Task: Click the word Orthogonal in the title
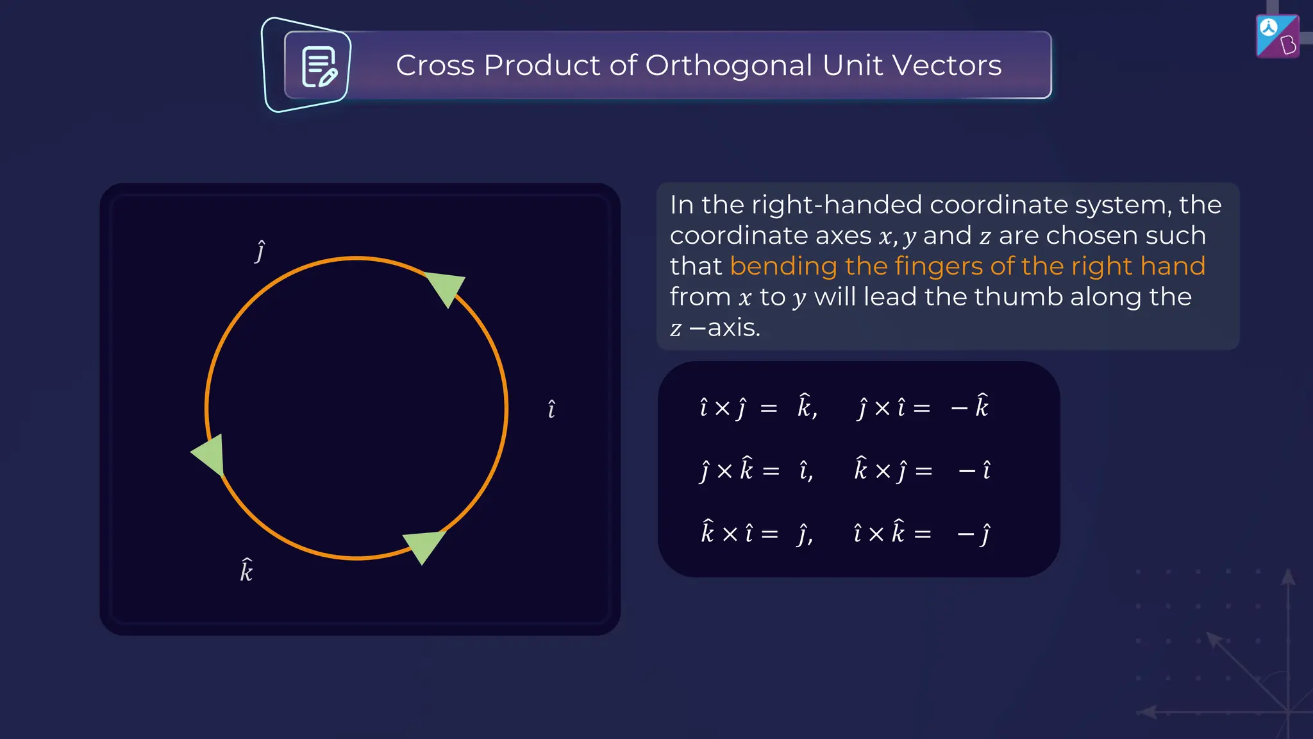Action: pyautogui.click(x=729, y=65)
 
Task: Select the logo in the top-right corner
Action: pyautogui.click(x=1277, y=37)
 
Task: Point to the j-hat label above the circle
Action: pyautogui.click(x=260, y=251)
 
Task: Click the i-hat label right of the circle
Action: pyautogui.click(x=551, y=409)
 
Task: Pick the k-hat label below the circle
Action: pyautogui.click(x=246, y=570)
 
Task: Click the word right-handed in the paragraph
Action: pyautogui.click(x=837, y=205)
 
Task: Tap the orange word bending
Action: pyautogui.click(x=783, y=266)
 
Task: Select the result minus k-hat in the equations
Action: pyautogui.click(x=970, y=407)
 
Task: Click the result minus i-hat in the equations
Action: pyautogui.click(x=974, y=470)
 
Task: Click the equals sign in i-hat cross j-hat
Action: pyautogui.click(x=768, y=408)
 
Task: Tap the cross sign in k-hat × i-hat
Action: pyautogui.click(x=730, y=534)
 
